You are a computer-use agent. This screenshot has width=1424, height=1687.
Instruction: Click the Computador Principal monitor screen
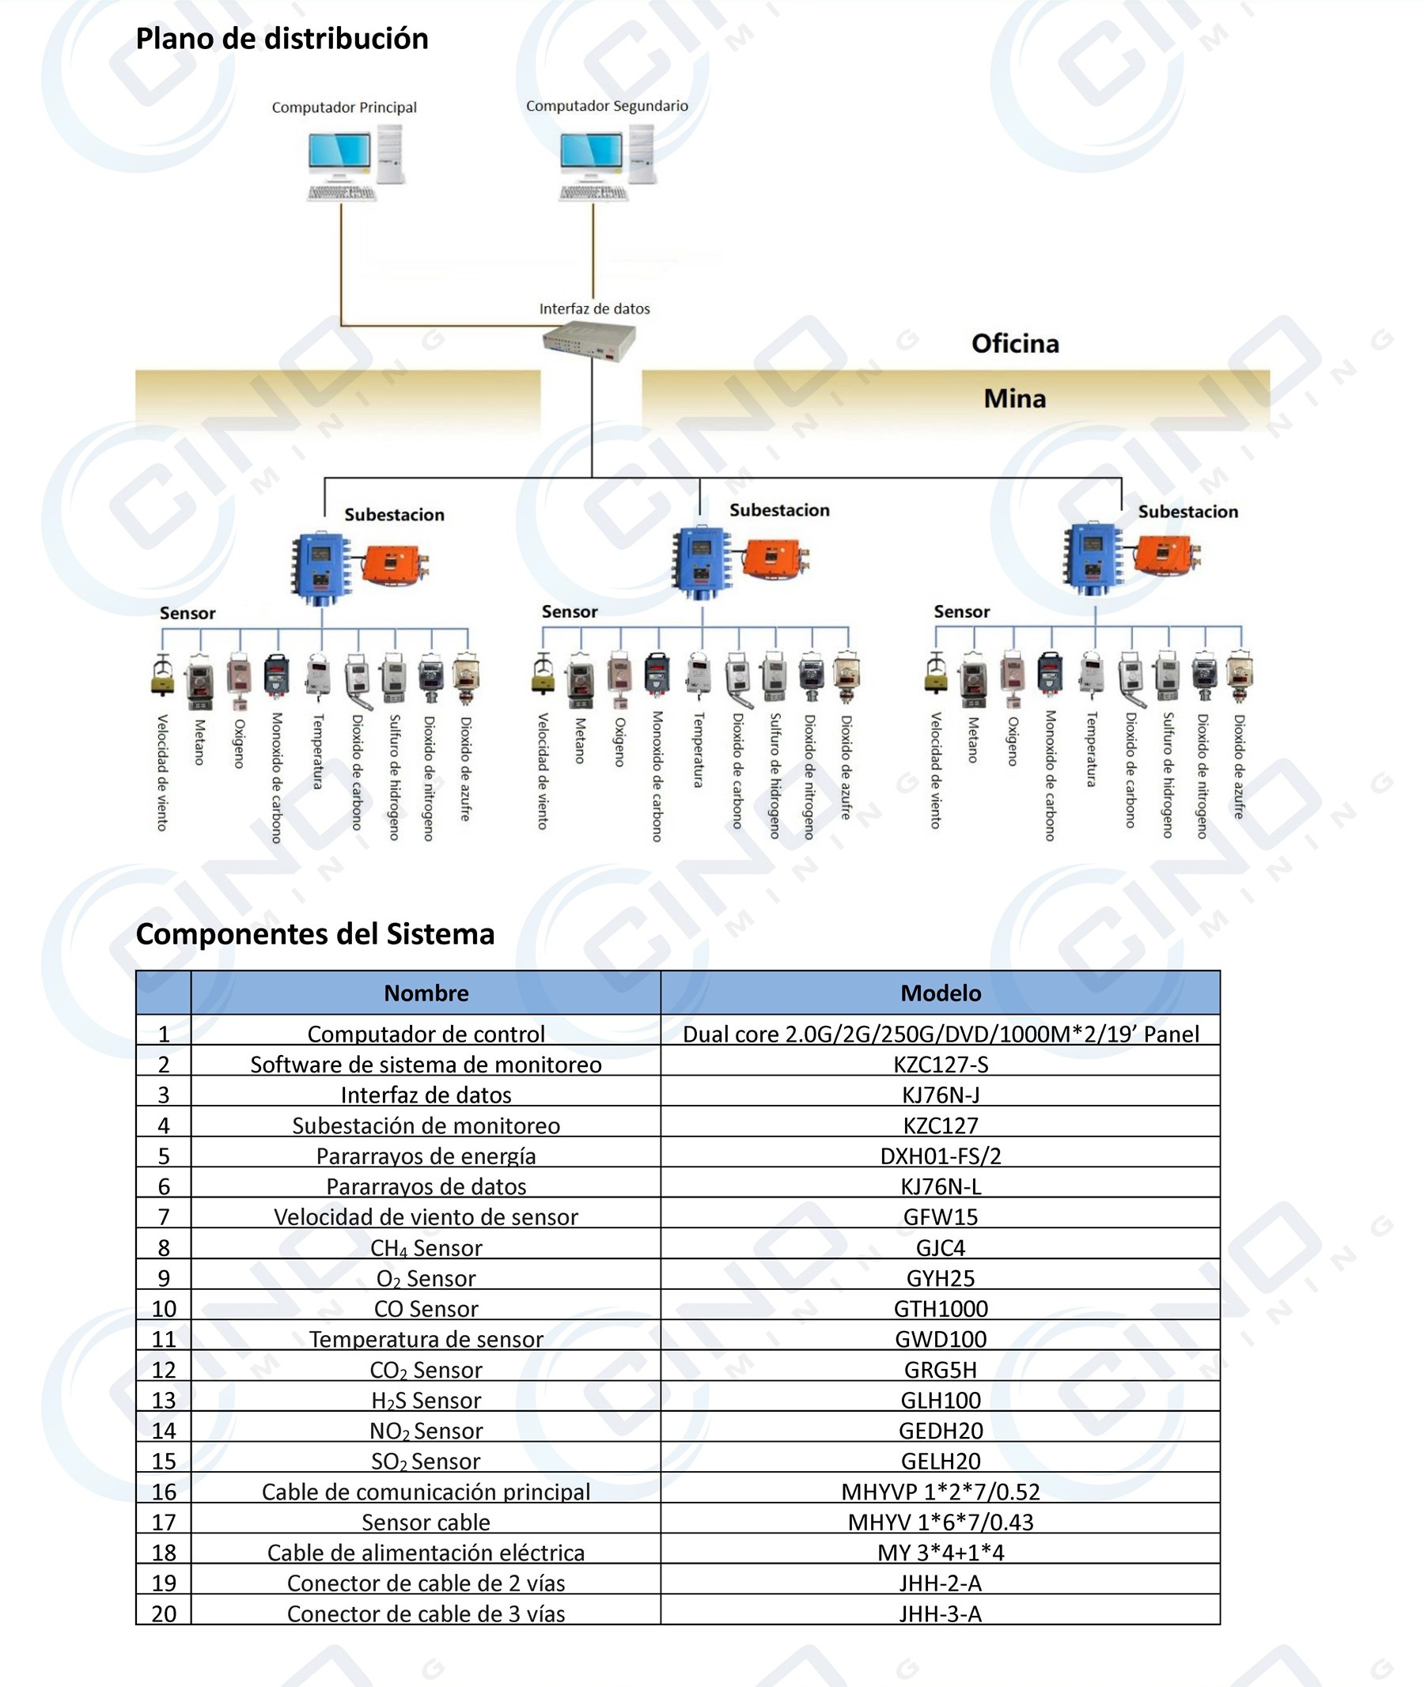click(339, 150)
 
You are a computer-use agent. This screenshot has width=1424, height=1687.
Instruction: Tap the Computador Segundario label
click(607, 106)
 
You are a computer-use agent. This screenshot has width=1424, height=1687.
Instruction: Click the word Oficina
click(1015, 344)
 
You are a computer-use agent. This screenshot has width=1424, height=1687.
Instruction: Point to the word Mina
click(1015, 399)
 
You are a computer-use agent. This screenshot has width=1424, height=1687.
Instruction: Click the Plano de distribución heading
click(282, 39)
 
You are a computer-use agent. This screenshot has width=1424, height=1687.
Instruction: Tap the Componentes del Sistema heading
click(315, 934)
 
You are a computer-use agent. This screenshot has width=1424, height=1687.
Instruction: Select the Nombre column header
click(426, 993)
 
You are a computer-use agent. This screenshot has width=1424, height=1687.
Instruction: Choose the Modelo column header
click(941, 993)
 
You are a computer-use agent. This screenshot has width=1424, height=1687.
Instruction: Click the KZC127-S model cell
click(941, 1065)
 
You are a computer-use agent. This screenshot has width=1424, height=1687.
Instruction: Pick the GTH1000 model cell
click(941, 1308)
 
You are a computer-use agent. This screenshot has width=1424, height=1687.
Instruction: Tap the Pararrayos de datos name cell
click(426, 1186)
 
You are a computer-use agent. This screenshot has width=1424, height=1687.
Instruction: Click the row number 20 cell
click(164, 1613)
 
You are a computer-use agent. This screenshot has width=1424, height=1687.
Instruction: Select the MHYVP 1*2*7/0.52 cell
click(941, 1492)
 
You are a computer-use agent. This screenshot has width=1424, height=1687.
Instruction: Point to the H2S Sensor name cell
click(426, 1401)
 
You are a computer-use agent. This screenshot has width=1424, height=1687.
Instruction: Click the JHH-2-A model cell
click(941, 1583)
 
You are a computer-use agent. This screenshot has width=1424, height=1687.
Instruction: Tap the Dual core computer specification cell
click(941, 1034)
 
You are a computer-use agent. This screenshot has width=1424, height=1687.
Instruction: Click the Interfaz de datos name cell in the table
click(426, 1095)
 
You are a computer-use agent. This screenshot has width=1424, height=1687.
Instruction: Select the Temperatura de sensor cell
click(426, 1339)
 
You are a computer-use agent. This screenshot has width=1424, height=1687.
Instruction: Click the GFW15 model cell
click(941, 1217)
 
